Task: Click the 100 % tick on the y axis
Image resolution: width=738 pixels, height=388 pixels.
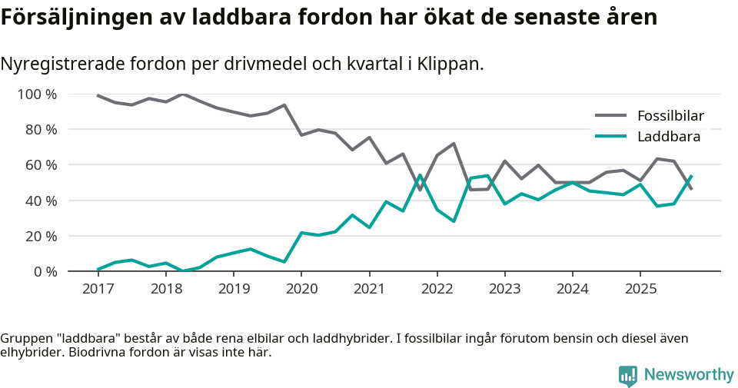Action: (36, 95)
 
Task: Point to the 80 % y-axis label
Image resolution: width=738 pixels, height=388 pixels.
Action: (40, 130)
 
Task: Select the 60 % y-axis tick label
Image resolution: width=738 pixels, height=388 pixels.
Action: (40, 165)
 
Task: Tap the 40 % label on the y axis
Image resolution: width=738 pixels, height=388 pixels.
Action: (40, 201)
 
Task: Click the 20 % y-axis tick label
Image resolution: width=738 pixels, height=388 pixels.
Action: (40, 236)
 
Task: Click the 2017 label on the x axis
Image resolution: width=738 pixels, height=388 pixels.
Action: (98, 289)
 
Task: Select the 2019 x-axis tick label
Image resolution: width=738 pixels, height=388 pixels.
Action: (233, 289)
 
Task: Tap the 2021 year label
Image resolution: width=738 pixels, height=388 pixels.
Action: (369, 289)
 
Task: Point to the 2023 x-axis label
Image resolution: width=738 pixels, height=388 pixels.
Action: (504, 289)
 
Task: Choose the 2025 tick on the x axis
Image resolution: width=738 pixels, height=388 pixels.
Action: (640, 289)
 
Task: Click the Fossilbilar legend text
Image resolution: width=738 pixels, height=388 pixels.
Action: (670, 116)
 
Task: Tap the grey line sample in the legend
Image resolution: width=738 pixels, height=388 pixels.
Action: (611, 116)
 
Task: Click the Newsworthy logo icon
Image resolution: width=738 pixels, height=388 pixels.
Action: (628, 375)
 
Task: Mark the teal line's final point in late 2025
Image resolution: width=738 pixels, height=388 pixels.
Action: (691, 176)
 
